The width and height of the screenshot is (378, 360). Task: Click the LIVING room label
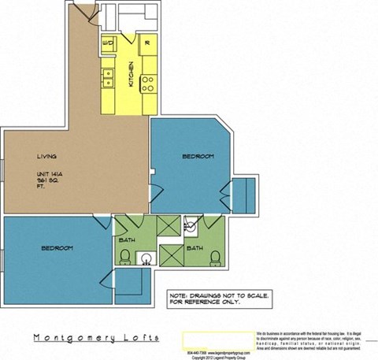point(45,156)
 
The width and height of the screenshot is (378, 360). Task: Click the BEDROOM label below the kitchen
point(198,157)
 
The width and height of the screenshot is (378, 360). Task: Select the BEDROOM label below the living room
point(57,248)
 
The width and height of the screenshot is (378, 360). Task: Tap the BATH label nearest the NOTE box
point(191,247)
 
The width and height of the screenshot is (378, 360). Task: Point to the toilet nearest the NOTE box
point(213,256)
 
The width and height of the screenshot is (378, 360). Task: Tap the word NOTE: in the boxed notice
point(179,295)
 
